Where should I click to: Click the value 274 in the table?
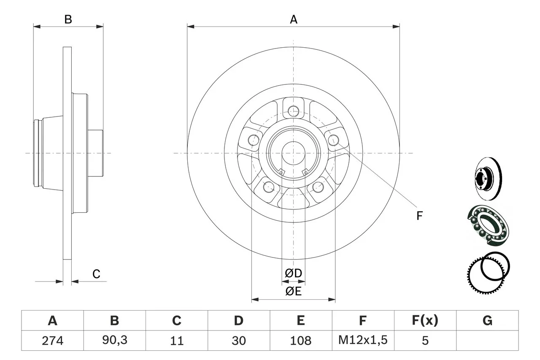click(x=52, y=341)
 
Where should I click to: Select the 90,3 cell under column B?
click(x=114, y=341)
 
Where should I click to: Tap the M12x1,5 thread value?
click(x=362, y=341)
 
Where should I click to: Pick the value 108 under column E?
click(x=300, y=341)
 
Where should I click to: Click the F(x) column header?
click(x=425, y=321)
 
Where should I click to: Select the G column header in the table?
click(x=487, y=321)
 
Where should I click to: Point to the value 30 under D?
click(x=238, y=341)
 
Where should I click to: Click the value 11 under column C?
click(x=176, y=341)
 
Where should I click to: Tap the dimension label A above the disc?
click(x=293, y=19)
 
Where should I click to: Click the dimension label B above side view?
click(x=68, y=19)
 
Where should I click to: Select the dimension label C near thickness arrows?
click(x=96, y=274)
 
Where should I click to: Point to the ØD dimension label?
click(x=293, y=273)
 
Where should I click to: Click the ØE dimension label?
click(x=293, y=291)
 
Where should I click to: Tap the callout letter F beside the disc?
click(x=419, y=216)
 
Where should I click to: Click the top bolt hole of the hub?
click(x=293, y=111)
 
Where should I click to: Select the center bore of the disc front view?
click(x=293, y=153)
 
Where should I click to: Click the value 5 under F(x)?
click(x=425, y=341)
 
